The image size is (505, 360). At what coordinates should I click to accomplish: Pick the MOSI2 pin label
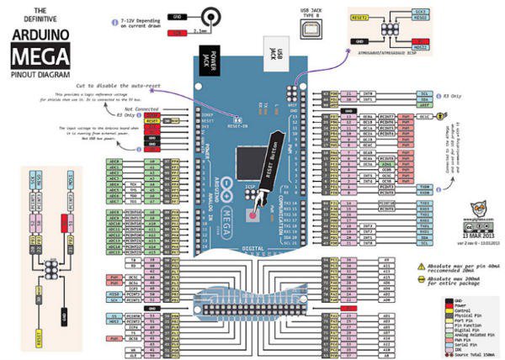[419, 47]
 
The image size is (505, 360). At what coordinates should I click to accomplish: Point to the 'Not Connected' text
[140, 109]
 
